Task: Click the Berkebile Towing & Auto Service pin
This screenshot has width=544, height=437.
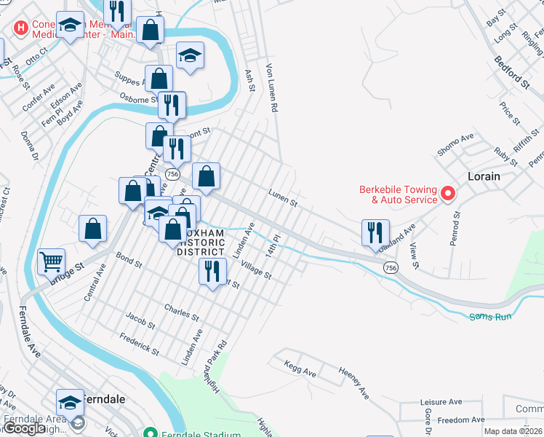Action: [x=448, y=194]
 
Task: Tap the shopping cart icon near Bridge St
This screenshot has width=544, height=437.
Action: [x=51, y=260]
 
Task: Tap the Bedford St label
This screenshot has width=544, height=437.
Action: [x=511, y=73]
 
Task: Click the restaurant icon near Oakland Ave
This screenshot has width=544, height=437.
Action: [x=375, y=232]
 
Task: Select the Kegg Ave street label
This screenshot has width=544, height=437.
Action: [x=300, y=369]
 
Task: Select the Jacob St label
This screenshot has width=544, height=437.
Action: [x=140, y=320]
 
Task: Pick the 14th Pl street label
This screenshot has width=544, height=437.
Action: [x=273, y=244]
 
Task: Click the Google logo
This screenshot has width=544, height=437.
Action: [x=25, y=428]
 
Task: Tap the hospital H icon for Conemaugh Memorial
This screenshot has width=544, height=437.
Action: [x=21, y=28]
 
